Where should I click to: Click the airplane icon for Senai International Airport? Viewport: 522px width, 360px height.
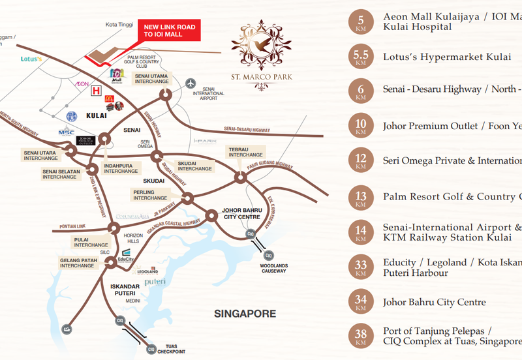point(191,83)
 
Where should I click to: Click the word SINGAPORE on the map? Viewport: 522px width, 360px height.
point(245,314)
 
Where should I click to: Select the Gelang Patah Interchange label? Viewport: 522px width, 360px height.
point(78,263)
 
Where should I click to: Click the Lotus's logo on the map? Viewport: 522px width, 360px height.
point(31,59)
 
